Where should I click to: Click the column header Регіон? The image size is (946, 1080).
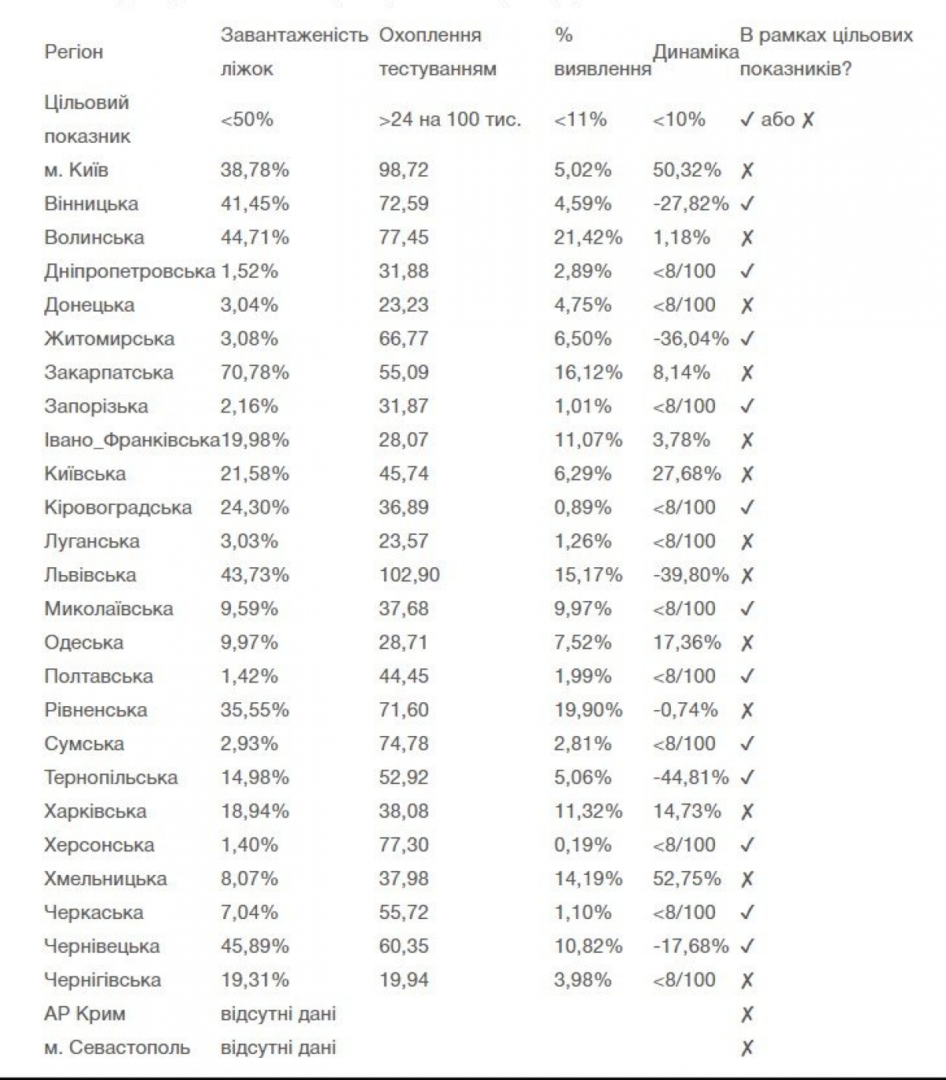coord(73,52)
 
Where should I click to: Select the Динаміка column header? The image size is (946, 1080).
coord(695,52)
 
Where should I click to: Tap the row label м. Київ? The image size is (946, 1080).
coord(76,170)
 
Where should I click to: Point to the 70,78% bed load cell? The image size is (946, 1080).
coord(255,372)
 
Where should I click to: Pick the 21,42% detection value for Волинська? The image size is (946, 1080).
coord(588,237)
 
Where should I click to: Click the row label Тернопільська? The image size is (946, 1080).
coord(111,777)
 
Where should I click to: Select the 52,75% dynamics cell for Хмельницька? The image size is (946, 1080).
coord(687,879)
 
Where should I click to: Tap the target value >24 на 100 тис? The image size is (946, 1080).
coord(450,120)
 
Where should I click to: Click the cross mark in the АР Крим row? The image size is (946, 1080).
coord(747,1014)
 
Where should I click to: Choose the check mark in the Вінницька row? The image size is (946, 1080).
coord(747,204)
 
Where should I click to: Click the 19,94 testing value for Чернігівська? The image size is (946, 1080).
coord(404,980)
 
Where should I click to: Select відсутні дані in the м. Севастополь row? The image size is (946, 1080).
coord(278,1048)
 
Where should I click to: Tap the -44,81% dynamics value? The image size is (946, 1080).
coord(691,777)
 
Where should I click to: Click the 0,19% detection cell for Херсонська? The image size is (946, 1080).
coord(583,845)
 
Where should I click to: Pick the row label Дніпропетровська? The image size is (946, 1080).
coord(129,271)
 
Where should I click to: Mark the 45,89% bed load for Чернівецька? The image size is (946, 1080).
coord(255,946)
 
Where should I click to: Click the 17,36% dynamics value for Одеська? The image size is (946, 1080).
coord(687,642)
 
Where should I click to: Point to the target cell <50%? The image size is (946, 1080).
coord(247,120)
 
